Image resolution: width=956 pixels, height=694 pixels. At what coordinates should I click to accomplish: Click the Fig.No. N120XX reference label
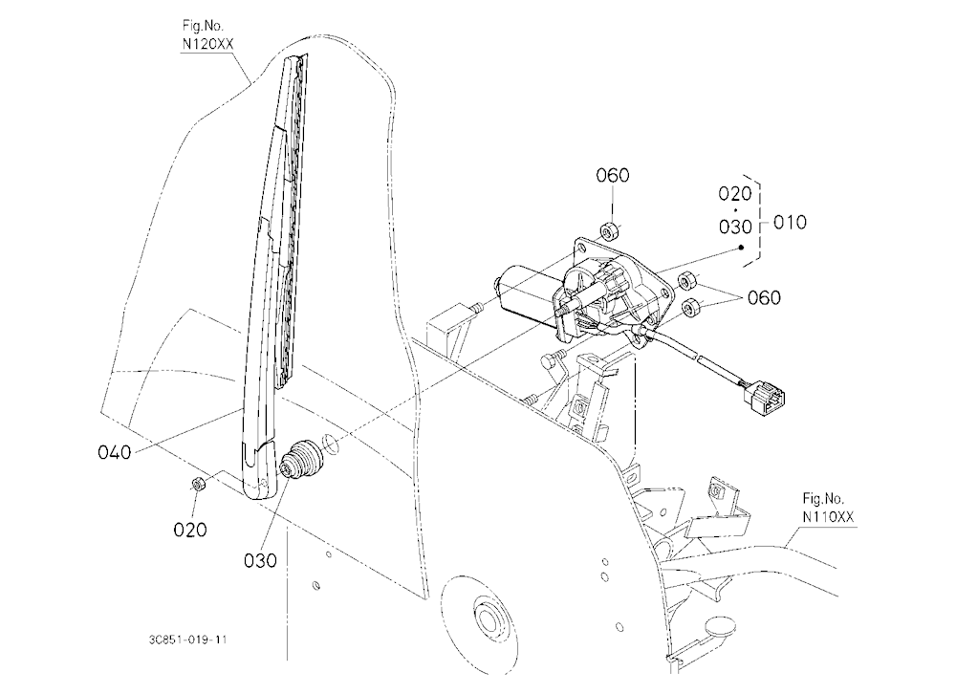207,34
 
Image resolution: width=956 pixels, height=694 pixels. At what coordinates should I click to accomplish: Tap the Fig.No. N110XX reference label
828,508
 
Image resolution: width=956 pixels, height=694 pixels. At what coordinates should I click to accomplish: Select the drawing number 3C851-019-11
187,640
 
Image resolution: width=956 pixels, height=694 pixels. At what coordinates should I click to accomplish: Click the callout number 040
114,452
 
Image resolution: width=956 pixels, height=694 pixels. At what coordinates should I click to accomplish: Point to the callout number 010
790,223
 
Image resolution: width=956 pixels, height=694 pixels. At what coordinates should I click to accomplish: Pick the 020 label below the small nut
190,530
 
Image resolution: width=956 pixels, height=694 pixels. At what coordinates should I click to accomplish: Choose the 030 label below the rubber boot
260,560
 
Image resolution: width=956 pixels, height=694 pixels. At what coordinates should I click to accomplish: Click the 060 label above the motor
612,176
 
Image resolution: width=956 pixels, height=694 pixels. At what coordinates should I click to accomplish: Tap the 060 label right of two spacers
764,297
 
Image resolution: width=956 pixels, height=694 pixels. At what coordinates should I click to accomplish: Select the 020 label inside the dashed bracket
734,194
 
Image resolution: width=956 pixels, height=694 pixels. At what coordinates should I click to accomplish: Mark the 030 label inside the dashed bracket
734,227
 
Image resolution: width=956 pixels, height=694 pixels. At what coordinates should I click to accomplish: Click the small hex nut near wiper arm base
198,485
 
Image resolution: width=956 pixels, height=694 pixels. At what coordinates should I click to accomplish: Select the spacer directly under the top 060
609,232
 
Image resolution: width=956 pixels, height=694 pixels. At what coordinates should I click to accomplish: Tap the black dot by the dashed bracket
742,248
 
